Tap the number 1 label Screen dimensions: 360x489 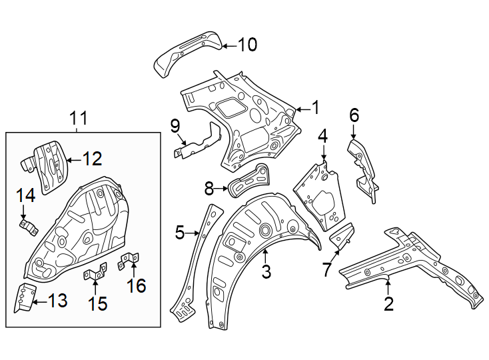(x=315, y=107)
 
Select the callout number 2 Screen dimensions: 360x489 (x=388, y=304)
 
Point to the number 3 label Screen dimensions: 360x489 (x=266, y=271)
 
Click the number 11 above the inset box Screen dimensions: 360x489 (x=79, y=119)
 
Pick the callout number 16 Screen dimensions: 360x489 (x=137, y=286)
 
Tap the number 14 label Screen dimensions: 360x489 (x=25, y=195)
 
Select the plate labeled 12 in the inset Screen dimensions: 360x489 (x=51, y=165)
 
